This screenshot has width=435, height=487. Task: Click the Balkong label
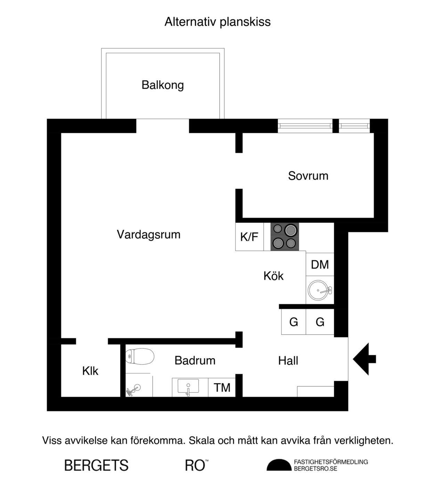163,85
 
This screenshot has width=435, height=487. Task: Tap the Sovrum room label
308,176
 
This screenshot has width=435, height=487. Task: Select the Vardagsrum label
148,234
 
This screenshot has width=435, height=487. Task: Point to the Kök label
273,276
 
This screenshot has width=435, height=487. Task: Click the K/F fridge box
249,237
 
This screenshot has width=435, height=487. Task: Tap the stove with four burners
285,237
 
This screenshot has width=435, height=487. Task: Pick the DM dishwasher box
320,265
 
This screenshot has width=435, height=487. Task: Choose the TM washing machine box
222,388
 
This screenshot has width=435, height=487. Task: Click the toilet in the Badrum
139,357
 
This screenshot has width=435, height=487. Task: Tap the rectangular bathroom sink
188,386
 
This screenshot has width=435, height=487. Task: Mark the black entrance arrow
363,359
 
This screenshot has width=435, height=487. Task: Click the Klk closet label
90,371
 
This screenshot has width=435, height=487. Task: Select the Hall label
288,361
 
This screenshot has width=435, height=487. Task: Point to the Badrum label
195,360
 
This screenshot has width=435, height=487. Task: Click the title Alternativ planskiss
217,22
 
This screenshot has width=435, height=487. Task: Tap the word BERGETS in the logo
96,465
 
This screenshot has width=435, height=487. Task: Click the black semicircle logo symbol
279,465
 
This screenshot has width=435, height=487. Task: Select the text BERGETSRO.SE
315,469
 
